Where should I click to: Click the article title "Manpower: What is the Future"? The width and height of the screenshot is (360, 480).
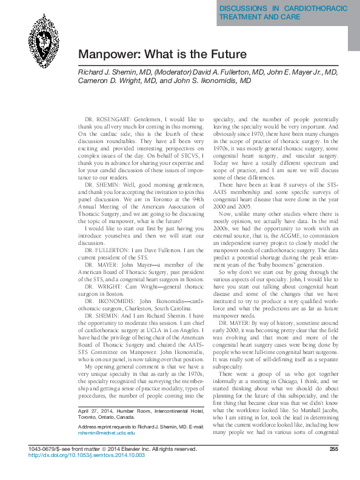coord(163,55)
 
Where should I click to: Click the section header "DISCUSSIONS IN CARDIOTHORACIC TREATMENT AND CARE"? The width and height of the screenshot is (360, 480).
coord(282,13)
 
